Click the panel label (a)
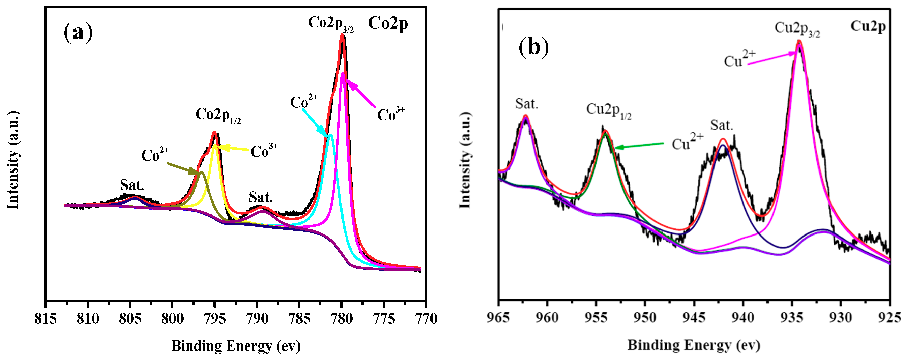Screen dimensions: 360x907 point(78,32)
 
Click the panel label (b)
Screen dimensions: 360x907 point(533,47)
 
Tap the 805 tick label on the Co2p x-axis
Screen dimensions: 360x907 point(130,319)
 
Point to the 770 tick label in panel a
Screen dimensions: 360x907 point(426,319)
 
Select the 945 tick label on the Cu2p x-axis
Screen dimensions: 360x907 point(694,318)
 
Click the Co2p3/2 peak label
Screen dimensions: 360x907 point(331,24)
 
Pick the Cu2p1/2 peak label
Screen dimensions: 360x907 point(608,111)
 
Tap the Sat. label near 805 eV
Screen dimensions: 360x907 point(132,185)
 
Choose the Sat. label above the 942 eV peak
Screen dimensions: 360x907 point(721,125)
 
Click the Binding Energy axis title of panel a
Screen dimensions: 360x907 point(236,346)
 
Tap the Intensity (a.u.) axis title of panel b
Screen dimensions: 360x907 point(465,160)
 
